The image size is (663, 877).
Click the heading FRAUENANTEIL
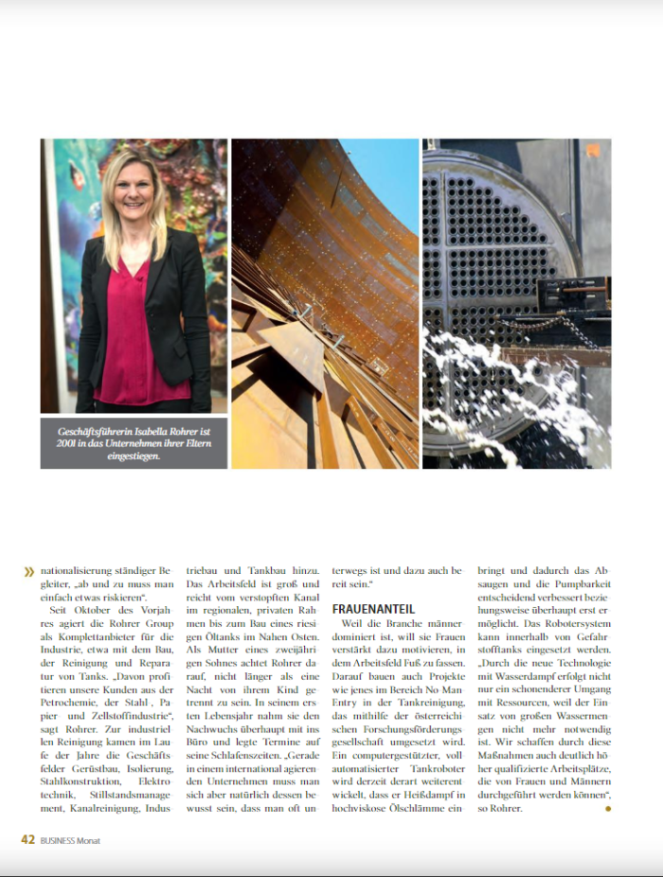click(373, 609)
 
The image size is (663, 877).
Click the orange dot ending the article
click(608, 808)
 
